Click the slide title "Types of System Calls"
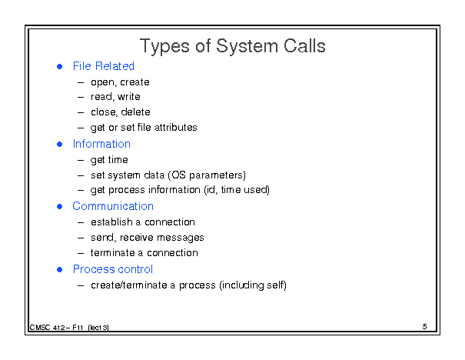click(232, 47)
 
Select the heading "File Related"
click(104, 66)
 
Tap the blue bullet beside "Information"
click(60, 145)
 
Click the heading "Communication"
click(113, 206)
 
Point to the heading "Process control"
click(113, 269)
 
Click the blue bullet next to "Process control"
click(60, 269)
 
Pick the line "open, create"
click(120, 82)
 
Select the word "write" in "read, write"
click(128, 97)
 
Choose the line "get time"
click(109, 160)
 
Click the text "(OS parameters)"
click(207, 175)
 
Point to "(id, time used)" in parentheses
click(237, 190)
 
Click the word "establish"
click(111, 222)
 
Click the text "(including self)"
click(253, 285)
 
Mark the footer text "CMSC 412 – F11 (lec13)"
click(69, 328)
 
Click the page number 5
click(425, 327)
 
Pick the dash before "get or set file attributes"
click(81, 128)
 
